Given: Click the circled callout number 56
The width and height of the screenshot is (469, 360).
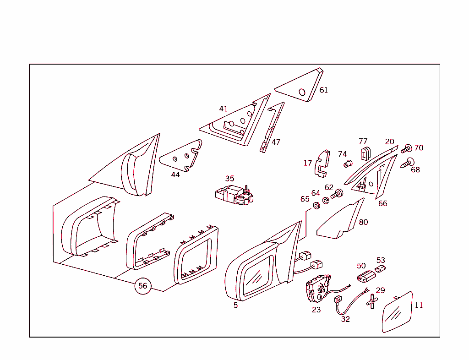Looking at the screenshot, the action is tap(143, 286).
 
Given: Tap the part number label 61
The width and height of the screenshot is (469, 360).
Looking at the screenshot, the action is tap(324, 90).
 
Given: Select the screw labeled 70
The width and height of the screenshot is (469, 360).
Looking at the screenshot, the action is tap(407, 148).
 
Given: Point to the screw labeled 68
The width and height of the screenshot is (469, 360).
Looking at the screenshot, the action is tap(407, 163).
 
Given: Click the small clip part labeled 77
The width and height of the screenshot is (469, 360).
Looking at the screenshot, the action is tap(365, 153).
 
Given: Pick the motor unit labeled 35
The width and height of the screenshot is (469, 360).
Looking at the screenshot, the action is tap(234, 195).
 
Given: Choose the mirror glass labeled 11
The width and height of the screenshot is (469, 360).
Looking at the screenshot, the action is tap(398, 312).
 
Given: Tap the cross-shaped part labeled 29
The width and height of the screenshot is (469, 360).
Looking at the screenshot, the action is tap(372, 301).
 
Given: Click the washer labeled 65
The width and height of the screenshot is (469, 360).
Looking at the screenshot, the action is tap(316, 205).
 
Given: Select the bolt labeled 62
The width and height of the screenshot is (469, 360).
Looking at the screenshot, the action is tap(337, 194).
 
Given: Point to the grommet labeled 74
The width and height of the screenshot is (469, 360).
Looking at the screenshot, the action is tap(348, 164).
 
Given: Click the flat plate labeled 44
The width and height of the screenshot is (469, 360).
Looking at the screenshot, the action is tap(181, 156).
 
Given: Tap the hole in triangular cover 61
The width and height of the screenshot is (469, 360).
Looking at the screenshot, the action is tap(302, 92).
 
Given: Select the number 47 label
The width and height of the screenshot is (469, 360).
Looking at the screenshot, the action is tap(276, 142).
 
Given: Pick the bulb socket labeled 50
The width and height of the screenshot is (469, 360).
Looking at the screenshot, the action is tap(366, 277).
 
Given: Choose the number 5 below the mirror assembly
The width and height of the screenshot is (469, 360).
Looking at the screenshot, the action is tap(236, 305).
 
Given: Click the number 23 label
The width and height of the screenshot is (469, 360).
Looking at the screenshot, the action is tap(316, 310).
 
